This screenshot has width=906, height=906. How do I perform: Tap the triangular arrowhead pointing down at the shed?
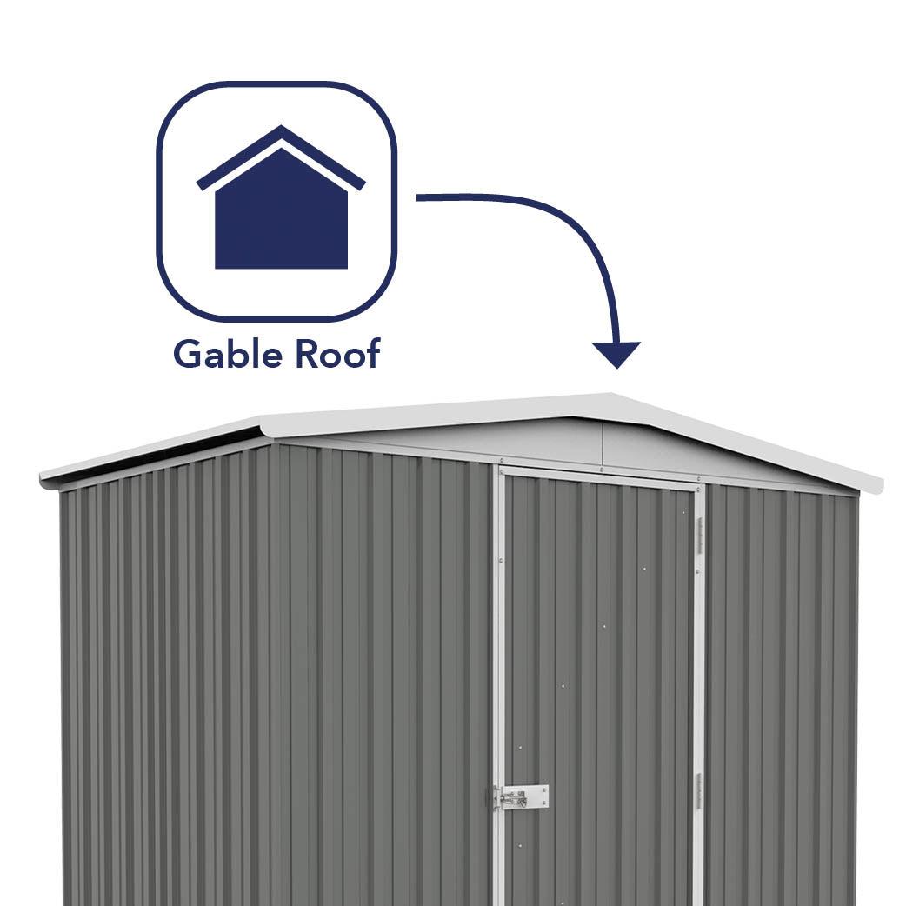(616, 353)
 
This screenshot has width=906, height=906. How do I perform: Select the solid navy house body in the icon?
(281, 222)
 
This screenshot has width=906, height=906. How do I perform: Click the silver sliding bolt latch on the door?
(522, 796)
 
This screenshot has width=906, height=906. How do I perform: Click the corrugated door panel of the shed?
(600, 661)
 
